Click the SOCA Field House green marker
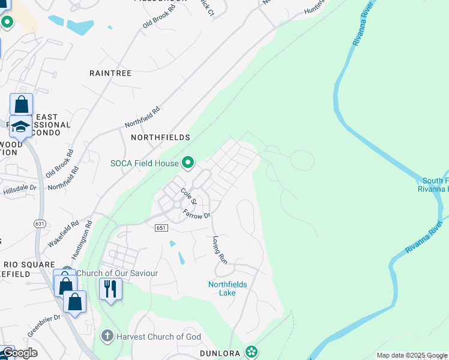click(x=188, y=163)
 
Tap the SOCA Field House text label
click(x=145, y=163)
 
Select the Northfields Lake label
click(x=228, y=289)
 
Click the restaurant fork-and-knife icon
click(x=110, y=289)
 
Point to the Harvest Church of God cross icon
click(x=107, y=337)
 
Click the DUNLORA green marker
click(x=252, y=352)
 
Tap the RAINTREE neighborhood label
click(x=110, y=73)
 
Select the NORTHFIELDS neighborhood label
click(x=160, y=137)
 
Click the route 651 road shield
click(x=160, y=228)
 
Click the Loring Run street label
click(x=220, y=250)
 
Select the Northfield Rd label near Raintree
click(x=143, y=116)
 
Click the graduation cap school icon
click(x=21, y=127)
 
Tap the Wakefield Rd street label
click(x=64, y=234)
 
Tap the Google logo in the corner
click(x=19, y=353)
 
